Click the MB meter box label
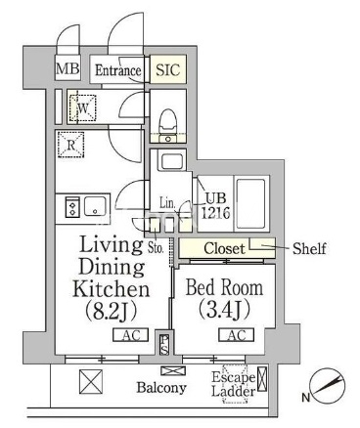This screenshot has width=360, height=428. [67, 68]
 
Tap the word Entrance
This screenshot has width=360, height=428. [117, 70]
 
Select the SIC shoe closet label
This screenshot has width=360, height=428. [167, 69]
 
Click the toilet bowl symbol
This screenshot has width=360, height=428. [168, 121]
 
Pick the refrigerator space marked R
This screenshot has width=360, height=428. [70, 145]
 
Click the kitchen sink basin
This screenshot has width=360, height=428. [95, 206]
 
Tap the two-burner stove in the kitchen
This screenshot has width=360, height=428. [72, 207]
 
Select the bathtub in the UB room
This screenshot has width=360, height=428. [250, 203]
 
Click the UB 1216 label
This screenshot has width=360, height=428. [215, 206]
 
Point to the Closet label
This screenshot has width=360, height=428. [224, 249]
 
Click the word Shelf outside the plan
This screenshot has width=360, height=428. [309, 248]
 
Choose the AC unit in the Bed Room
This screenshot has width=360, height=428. [236, 335]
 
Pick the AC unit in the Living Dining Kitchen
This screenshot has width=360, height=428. [131, 335]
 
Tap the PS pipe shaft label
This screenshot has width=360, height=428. [163, 345]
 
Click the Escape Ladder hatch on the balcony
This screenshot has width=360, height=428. [235, 384]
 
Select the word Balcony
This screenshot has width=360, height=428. [161, 388]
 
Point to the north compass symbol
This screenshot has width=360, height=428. [328, 386]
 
